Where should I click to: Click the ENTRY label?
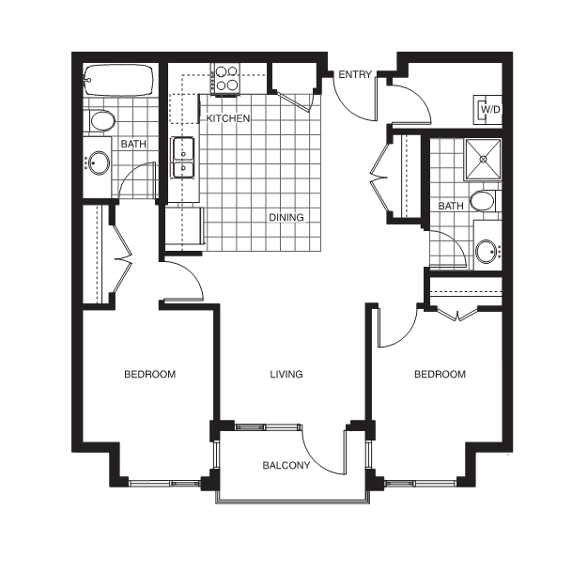(355, 74)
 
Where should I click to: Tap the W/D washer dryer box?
(487, 110)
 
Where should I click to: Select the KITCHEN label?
(228, 118)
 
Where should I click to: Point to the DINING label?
(286, 217)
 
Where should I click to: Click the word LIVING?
(286, 374)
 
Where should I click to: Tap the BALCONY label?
(286, 465)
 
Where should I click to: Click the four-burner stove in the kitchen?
(225, 79)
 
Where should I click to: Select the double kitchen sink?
(183, 157)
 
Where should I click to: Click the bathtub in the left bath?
(118, 80)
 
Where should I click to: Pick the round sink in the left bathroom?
(99, 163)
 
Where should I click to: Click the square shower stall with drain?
(484, 159)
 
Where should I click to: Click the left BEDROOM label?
(150, 374)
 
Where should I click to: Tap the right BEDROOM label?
(440, 374)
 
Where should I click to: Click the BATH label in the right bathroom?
(451, 206)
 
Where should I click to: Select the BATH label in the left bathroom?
(133, 144)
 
